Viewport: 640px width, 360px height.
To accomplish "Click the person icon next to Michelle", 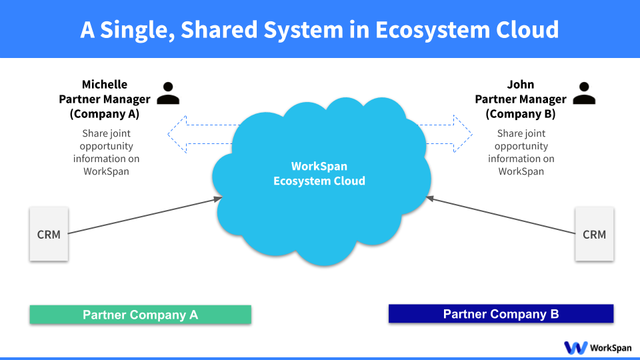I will click(x=168, y=93).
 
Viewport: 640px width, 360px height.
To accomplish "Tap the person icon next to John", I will click(x=584, y=93).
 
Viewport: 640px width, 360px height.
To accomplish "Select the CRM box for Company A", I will click(x=49, y=234).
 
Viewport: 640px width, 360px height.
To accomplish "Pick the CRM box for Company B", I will click(x=594, y=234).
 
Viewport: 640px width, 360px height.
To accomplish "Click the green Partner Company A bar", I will click(x=140, y=315).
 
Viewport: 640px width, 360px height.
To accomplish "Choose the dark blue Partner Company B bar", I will click(x=501, y=314).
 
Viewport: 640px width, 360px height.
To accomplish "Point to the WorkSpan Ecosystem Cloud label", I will click(x=319, y=173).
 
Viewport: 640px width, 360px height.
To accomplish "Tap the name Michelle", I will click(x=105, y=85).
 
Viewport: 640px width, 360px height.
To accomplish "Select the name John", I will click(x=521, y=85).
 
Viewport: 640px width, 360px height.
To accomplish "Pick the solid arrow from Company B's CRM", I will click(x=500, y=215).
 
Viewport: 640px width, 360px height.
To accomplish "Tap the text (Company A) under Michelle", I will click(x=105, y=113).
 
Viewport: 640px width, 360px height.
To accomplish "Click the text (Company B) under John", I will click(x=521, y=113).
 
